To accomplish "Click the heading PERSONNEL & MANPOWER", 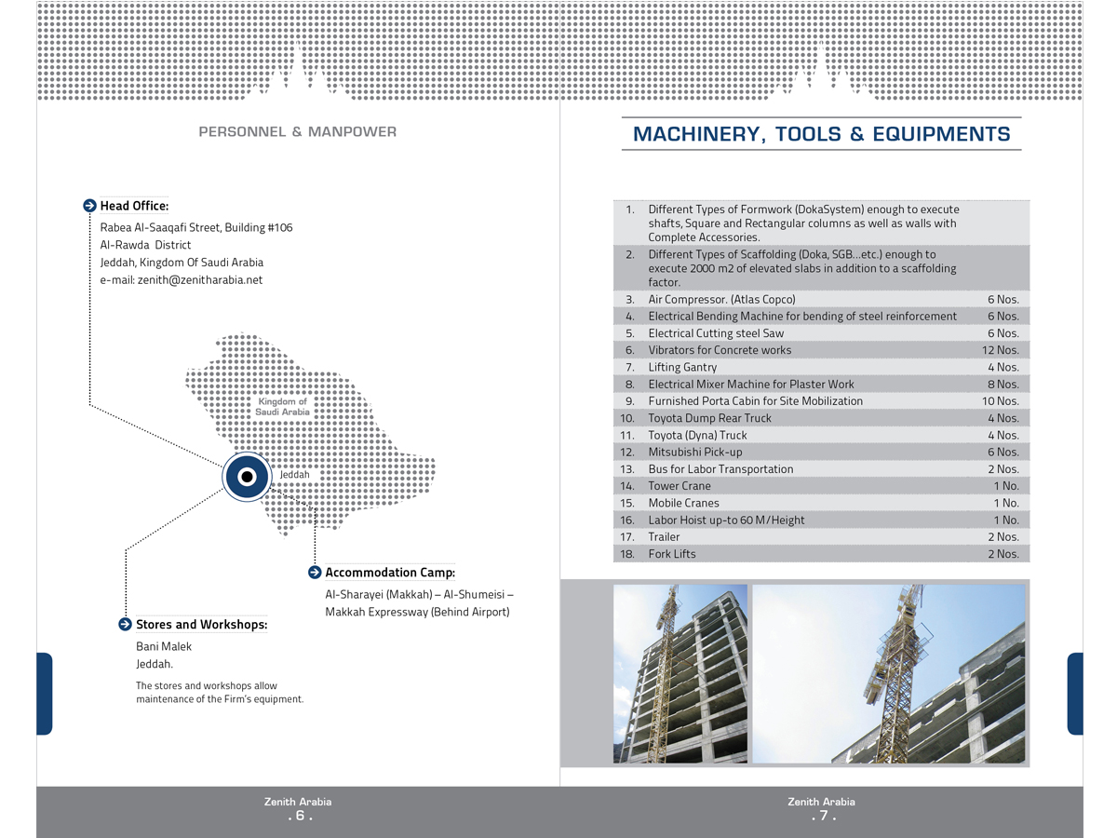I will coord(298,132).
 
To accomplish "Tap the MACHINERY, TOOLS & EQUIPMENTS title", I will coord(821,134).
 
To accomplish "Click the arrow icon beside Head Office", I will coord(89,206).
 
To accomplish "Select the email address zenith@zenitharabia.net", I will coord(200,279).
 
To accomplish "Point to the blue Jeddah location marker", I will coord(247,477).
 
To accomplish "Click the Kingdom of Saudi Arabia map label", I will coord(282,407).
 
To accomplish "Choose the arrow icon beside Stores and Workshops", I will coord(125,625).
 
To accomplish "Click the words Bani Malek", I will coord(164,646).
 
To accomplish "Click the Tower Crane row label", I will coord(680,486).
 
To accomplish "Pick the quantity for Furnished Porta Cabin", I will coord(1000,401).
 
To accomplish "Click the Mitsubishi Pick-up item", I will coord(695,453).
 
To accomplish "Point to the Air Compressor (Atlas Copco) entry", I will coord(721,300).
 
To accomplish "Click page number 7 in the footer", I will coord(823,817).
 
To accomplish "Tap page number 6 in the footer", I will coord(299,817).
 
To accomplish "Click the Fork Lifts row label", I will coord(672,554).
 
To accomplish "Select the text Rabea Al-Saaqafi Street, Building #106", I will coord(196,227).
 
